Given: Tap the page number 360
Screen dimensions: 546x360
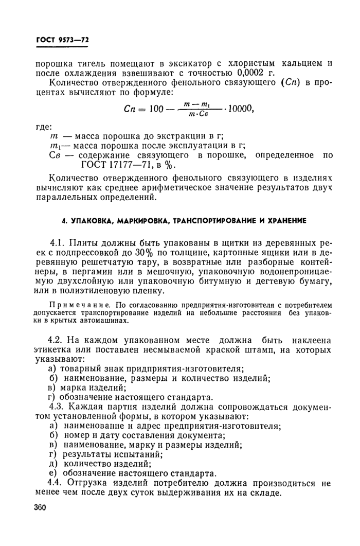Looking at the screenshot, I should (x=39, y=507).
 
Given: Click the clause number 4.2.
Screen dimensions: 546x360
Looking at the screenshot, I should (x=56, y=340).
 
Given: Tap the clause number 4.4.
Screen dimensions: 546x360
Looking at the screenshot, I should (x=56, y=483).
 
